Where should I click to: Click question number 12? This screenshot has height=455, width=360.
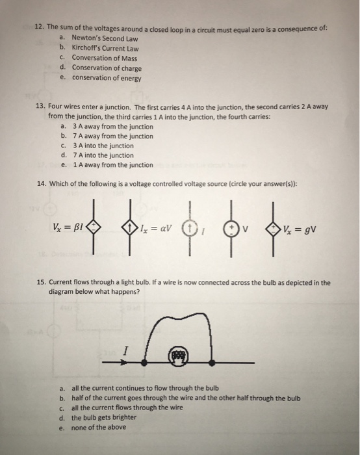[40, 29]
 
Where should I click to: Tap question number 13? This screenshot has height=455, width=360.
[40, 106]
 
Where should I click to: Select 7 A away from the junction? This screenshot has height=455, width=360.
[112, 136]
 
